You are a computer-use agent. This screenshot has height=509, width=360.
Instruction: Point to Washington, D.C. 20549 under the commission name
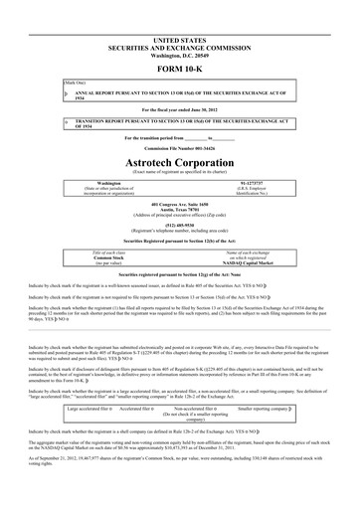[x=180, y=28]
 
